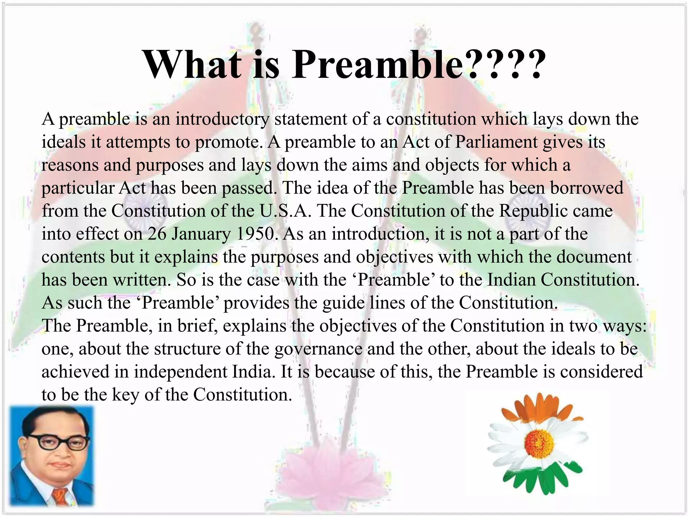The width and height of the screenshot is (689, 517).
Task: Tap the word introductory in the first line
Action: coord(222,119)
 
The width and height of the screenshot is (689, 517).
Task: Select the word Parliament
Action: coord(496,142)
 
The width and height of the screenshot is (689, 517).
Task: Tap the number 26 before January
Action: coord(157,234)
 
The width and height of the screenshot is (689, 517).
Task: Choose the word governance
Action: coord(319,349)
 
